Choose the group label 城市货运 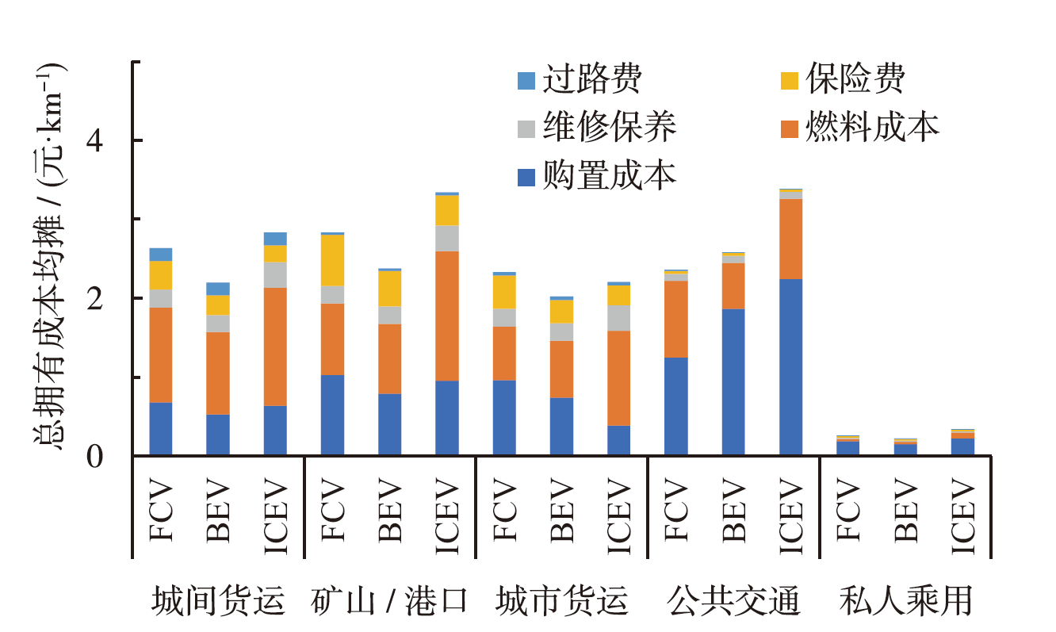[x=561, y=601]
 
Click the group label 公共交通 [x=733, y=601]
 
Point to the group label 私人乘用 [x=905, y=601]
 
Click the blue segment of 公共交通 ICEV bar [x=790, y=367]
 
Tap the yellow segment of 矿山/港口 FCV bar [x=332, y=260]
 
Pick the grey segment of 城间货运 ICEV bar [x=275, y=275]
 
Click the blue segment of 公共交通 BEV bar [x=733, y=382]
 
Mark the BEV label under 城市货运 [x=561, y=510]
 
